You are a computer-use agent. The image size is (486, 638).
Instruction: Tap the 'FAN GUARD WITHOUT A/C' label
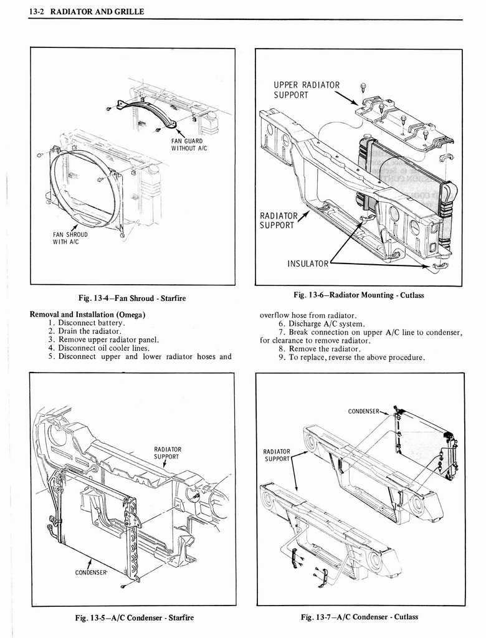click(188, 144)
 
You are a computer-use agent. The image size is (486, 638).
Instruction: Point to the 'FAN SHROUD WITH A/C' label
click(70, 239)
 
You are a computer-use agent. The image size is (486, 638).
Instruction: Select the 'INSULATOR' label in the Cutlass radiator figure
click(307, 264)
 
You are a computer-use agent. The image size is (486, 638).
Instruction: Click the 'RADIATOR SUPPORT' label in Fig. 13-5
click(168, 452)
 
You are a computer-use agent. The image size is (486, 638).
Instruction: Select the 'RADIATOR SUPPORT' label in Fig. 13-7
click(277, 455)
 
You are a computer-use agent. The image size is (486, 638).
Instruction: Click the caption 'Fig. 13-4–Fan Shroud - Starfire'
click(132, 298)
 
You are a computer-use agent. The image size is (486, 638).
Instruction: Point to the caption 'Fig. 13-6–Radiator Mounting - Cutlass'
click(359, 295)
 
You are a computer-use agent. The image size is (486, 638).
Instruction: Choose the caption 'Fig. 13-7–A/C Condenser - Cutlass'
click(360, 617)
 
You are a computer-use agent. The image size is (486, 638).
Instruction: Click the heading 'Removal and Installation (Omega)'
click(88, 315)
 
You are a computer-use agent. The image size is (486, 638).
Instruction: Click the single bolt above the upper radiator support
click(363, 87)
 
